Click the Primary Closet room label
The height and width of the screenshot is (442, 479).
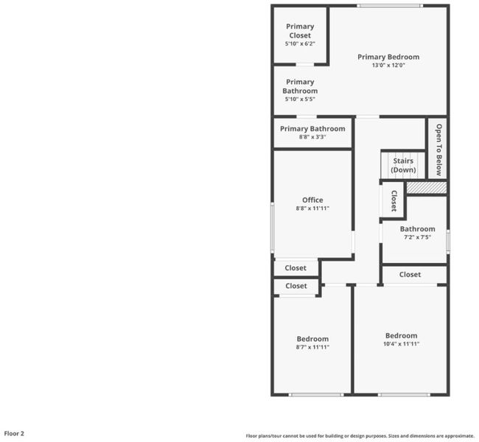(300, 31)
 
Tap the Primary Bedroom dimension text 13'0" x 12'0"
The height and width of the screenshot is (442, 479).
(388, 65)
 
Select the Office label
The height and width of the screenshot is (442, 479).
(312, 200)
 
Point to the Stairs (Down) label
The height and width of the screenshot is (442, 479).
(403, 165)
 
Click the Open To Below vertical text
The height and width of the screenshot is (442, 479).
(438, 150)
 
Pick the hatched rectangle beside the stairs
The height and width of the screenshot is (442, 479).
(427, 188)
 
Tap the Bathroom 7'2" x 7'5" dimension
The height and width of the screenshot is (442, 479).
(417, 237)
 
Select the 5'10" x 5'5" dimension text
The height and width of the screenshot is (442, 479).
(300, 99)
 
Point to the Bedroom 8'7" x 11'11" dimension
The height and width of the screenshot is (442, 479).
(312, 347)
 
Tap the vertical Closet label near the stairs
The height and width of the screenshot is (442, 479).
(394, 201)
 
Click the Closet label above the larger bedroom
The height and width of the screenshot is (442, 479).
(410, 275)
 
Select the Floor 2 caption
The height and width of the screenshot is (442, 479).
(14, 433)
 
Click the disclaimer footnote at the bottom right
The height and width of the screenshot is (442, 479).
(360, 436)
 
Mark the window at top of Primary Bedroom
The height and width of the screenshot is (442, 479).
(390, 6)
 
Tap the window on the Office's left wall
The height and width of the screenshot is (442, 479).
(273, 228)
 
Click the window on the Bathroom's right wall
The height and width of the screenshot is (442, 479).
(448, 242)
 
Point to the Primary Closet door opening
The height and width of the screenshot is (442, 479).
(305, 64)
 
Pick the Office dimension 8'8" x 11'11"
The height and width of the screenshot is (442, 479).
(312, 208)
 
